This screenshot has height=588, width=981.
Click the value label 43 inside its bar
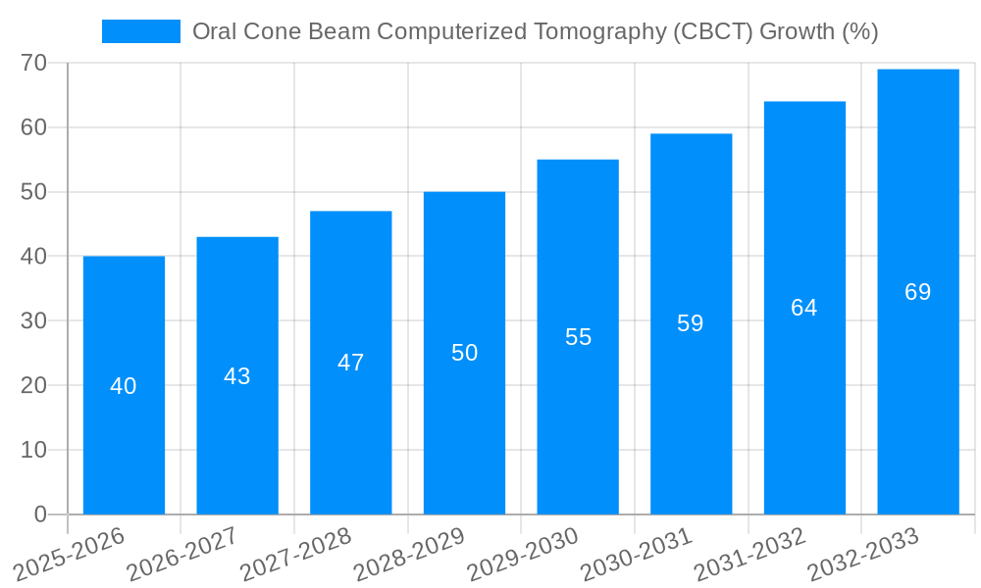point(237,376)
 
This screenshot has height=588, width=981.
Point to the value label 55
point(578,337)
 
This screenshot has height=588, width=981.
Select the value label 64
point(804,308)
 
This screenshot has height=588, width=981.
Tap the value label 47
point(350,363)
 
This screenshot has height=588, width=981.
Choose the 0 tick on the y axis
point(40,514)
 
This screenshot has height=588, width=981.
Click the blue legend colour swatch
point(141,31)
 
